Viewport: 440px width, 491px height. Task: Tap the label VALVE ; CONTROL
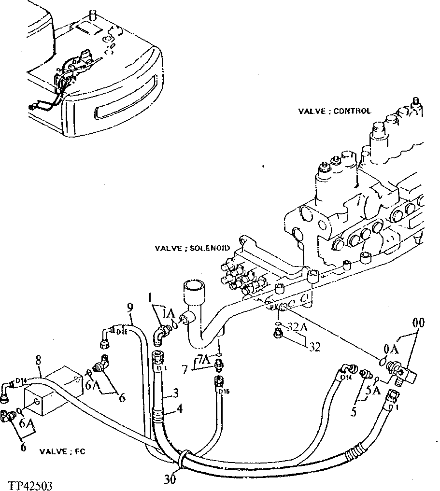click(334, 111)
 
